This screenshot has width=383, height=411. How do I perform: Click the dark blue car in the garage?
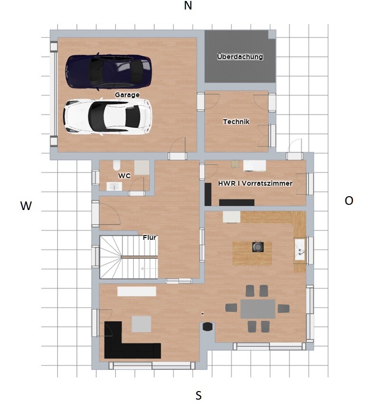coord(108,71)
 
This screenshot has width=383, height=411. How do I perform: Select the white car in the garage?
coord(108,117)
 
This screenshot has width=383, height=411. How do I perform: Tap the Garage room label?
coord(127,95)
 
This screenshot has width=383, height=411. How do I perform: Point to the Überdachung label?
coord(240,56)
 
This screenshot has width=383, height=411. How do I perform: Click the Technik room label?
coord(236,122)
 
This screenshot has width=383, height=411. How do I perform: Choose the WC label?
coord(124,175)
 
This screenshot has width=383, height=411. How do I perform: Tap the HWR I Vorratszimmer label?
coord(255,183)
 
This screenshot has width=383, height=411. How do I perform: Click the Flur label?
coord(149,237)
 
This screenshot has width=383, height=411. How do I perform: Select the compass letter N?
coord(188,6)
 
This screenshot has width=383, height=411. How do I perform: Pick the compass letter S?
coord(198,395)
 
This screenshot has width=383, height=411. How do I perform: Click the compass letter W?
coord(26,206)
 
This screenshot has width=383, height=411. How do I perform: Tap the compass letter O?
coord(349,201)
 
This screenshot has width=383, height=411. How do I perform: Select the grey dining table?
coord(258,309)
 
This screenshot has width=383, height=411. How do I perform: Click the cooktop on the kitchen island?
coord(258,247)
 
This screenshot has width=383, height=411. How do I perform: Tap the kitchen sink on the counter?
coord(299,249)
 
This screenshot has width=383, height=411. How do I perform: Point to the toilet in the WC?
coord(117,165)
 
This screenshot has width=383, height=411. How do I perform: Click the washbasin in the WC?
coord(114,186)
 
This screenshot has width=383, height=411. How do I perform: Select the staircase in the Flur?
coord(129,257)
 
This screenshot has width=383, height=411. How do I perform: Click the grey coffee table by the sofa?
coord(141,324)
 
